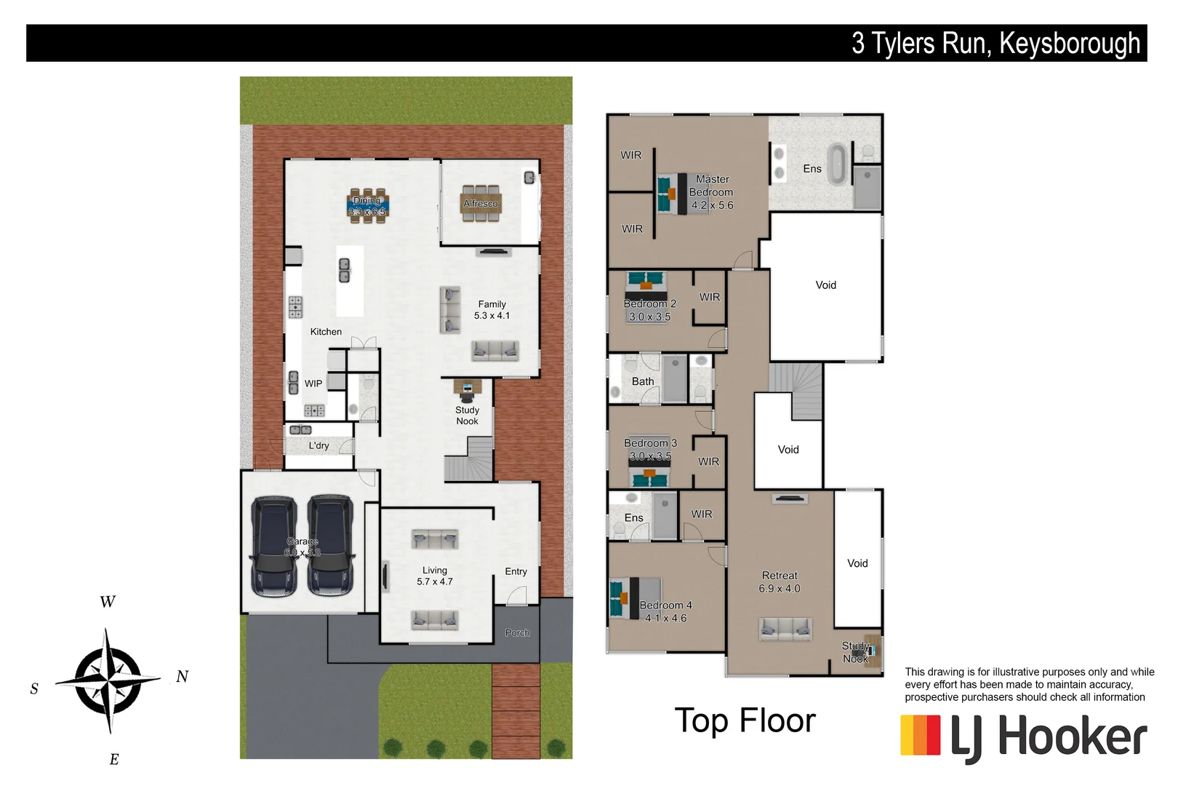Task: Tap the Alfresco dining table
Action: pyautogui.click(x=481, y=203)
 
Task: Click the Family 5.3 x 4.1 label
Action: pyautogui.click(x=492, y=310)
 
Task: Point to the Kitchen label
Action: pyautogui.click(x=326, y=332)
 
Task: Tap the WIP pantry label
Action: pyautogui.click(x=313, y=384)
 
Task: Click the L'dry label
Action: pyautogui.click(x=318, y=445)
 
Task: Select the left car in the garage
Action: pyautogui.click(x=273, y=546)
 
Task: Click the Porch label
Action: pyautogui.click(x=517, y=633)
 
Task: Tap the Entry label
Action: pyautogui.click(x=516, y=571)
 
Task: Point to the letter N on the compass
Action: pyautogui.click(x=183, y=677)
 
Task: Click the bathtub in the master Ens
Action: pyautogui.click(x=838, y=164)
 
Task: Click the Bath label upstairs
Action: pyautogui.click(x=643, y=381)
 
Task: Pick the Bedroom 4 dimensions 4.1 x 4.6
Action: pyautogui.click(x=665, y=619)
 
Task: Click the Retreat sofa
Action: pyautogui.click(x=785, y=628)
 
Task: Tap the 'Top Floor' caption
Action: pyautogui.click(x=745, y=720)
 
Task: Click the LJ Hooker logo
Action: pyautogui.click(x=1023, y=737)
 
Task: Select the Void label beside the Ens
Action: pyautogui.click(x=825, y=285)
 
